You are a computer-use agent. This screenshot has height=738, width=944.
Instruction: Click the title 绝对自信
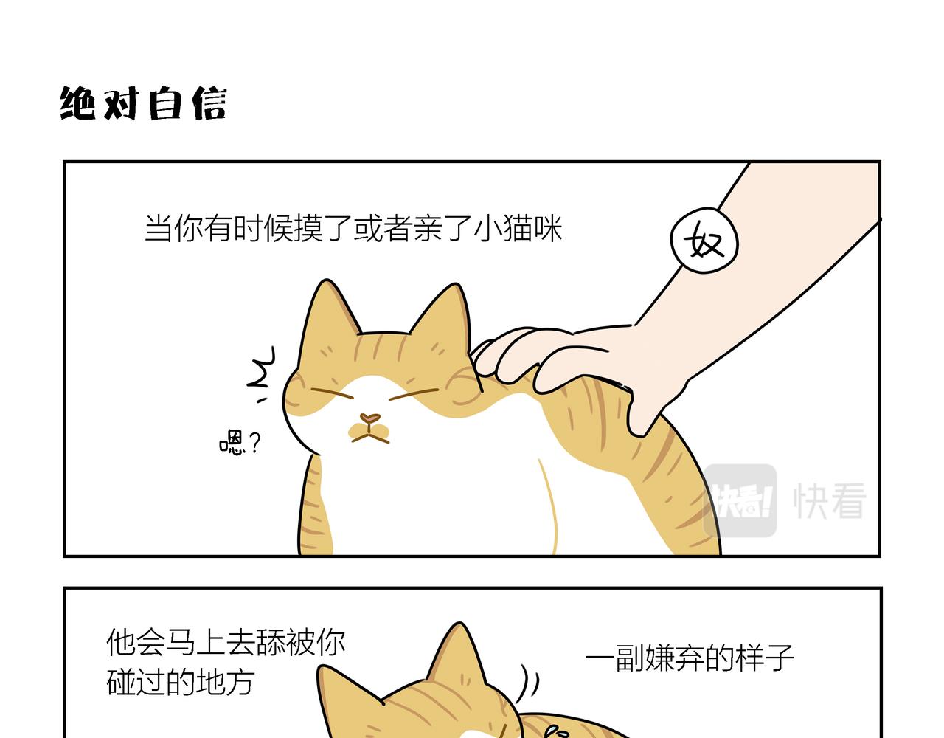(x=142, y=103)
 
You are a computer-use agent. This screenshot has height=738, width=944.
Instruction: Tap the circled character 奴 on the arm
(x=704, y=241)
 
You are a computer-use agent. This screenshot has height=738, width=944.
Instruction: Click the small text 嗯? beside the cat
(x=240, y=443)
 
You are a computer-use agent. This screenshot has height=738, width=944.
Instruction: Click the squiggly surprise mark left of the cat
(x=261, y=373)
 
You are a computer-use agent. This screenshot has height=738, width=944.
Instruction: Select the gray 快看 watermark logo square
(x=740, y=500)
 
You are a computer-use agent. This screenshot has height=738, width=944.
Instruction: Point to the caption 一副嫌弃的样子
(x=690, y=657)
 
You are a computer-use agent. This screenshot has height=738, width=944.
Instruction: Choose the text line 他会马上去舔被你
(x=226, y=642)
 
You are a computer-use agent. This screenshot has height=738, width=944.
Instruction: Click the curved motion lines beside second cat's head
(x=528, y=683)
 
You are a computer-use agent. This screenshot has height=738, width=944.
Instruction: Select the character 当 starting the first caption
(x=159, y=228)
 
